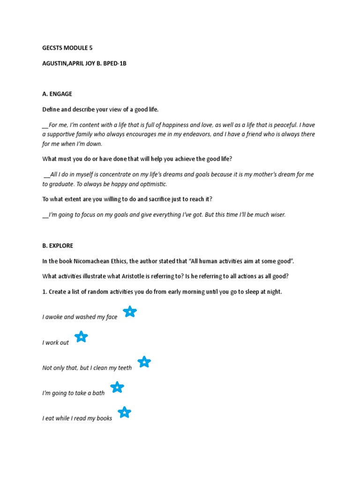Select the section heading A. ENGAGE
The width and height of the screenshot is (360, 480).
[x=57, y=94]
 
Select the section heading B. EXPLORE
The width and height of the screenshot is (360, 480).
[x=58, y=246]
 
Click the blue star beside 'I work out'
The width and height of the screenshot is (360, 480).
[x=81, y=337]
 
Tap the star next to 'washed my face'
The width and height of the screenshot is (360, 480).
[x=129, y=311]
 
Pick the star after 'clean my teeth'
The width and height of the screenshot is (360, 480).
[x=144, y=362]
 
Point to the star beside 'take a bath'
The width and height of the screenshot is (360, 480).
[x=117, y=387]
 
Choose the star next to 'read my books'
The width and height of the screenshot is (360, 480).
[x=124, y=412]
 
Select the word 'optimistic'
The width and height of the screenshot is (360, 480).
[x=151, y=184]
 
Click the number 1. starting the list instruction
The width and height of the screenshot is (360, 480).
[x=45, y=292]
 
